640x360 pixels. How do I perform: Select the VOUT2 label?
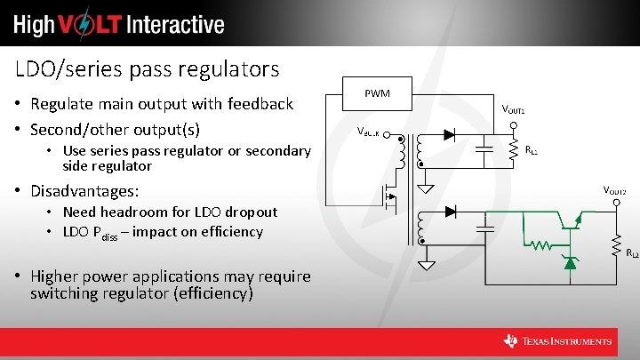[x=614, y=191]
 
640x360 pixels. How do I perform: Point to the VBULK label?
[x=368, y=132]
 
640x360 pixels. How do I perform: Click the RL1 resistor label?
[x=531, y=151]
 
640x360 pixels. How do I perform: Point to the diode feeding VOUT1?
[x=449, y=135]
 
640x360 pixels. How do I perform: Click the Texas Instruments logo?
[x=557, y=341]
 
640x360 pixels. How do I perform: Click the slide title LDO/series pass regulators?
[x=148, y=68]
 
